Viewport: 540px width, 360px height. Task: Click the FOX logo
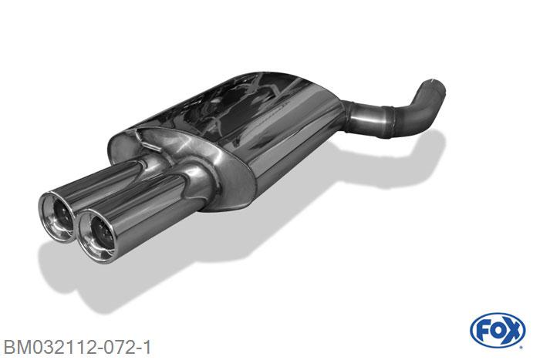tap(498, 331)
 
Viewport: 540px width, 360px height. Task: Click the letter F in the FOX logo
tap(483, 331)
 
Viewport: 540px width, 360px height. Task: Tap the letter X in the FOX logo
tap(513, 331)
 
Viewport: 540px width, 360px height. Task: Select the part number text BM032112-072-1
tap(77, 347)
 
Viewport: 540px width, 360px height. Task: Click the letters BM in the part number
tap(15, 347)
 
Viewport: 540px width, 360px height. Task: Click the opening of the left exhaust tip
tap(60, 216)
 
